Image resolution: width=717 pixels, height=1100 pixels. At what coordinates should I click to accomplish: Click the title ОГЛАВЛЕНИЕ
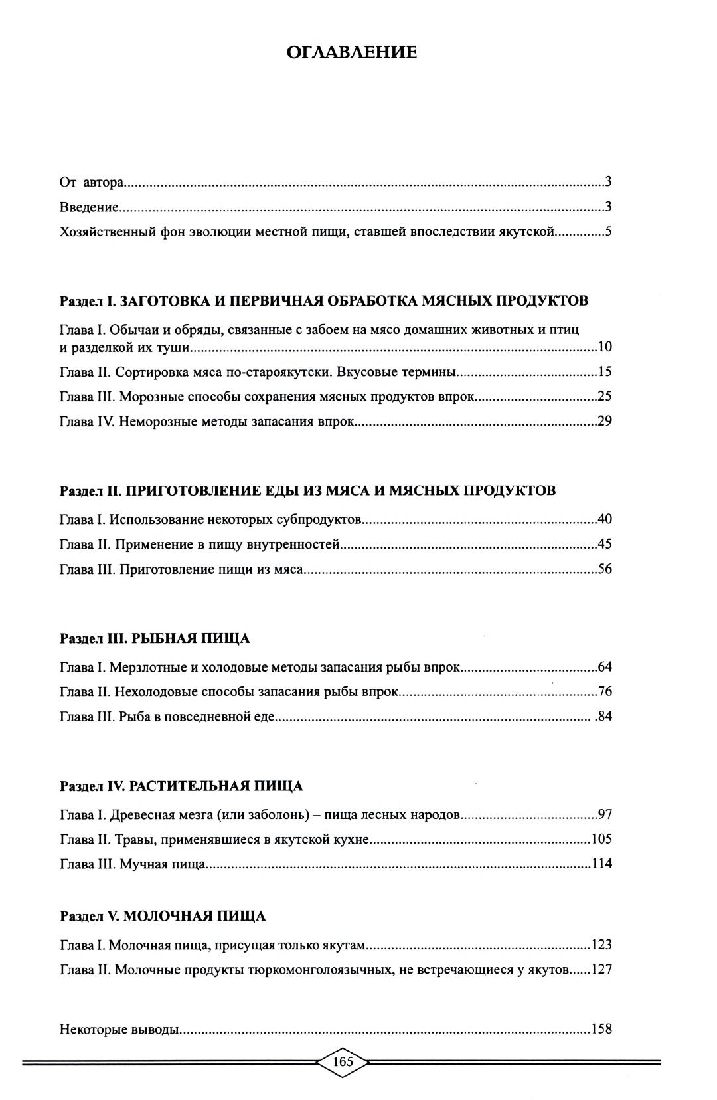[x=351, y=52]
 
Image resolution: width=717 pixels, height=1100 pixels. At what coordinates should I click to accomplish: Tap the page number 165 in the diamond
[x=343, y=1061]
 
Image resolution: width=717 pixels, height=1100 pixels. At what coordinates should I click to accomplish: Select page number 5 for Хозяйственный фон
[x=607, y=232]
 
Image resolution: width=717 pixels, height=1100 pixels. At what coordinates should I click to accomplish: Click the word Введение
[x=89, y=207]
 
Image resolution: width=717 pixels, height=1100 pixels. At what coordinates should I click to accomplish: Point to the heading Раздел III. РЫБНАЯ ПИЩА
[x=155, y=638]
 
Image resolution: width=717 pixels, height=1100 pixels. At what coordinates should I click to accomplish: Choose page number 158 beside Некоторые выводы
[x=601, y=1029]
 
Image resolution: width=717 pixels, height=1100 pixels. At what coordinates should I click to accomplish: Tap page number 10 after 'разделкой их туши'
[x=604, y=347]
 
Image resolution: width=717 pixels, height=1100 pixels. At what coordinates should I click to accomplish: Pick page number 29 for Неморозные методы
[x=604, y=421]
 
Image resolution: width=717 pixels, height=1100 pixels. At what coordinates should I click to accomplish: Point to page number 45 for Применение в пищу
[x=604, y=544]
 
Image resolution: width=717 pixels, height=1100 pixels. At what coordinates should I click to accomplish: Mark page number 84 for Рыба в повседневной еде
[x=605, y=717]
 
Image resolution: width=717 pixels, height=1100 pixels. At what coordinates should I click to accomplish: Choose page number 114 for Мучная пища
[x=601, y=864]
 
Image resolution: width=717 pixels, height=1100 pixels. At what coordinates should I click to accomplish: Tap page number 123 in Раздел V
[x=601, y=945]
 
